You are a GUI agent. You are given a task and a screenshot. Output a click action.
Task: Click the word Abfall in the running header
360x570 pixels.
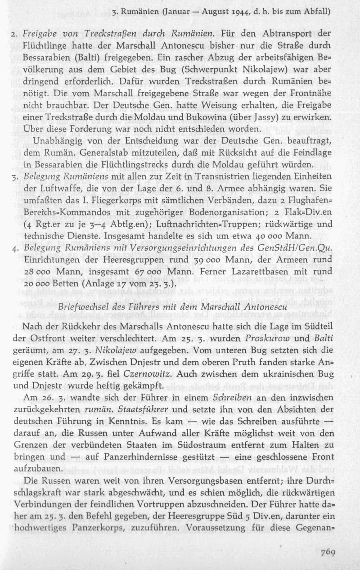click(317, 11)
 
